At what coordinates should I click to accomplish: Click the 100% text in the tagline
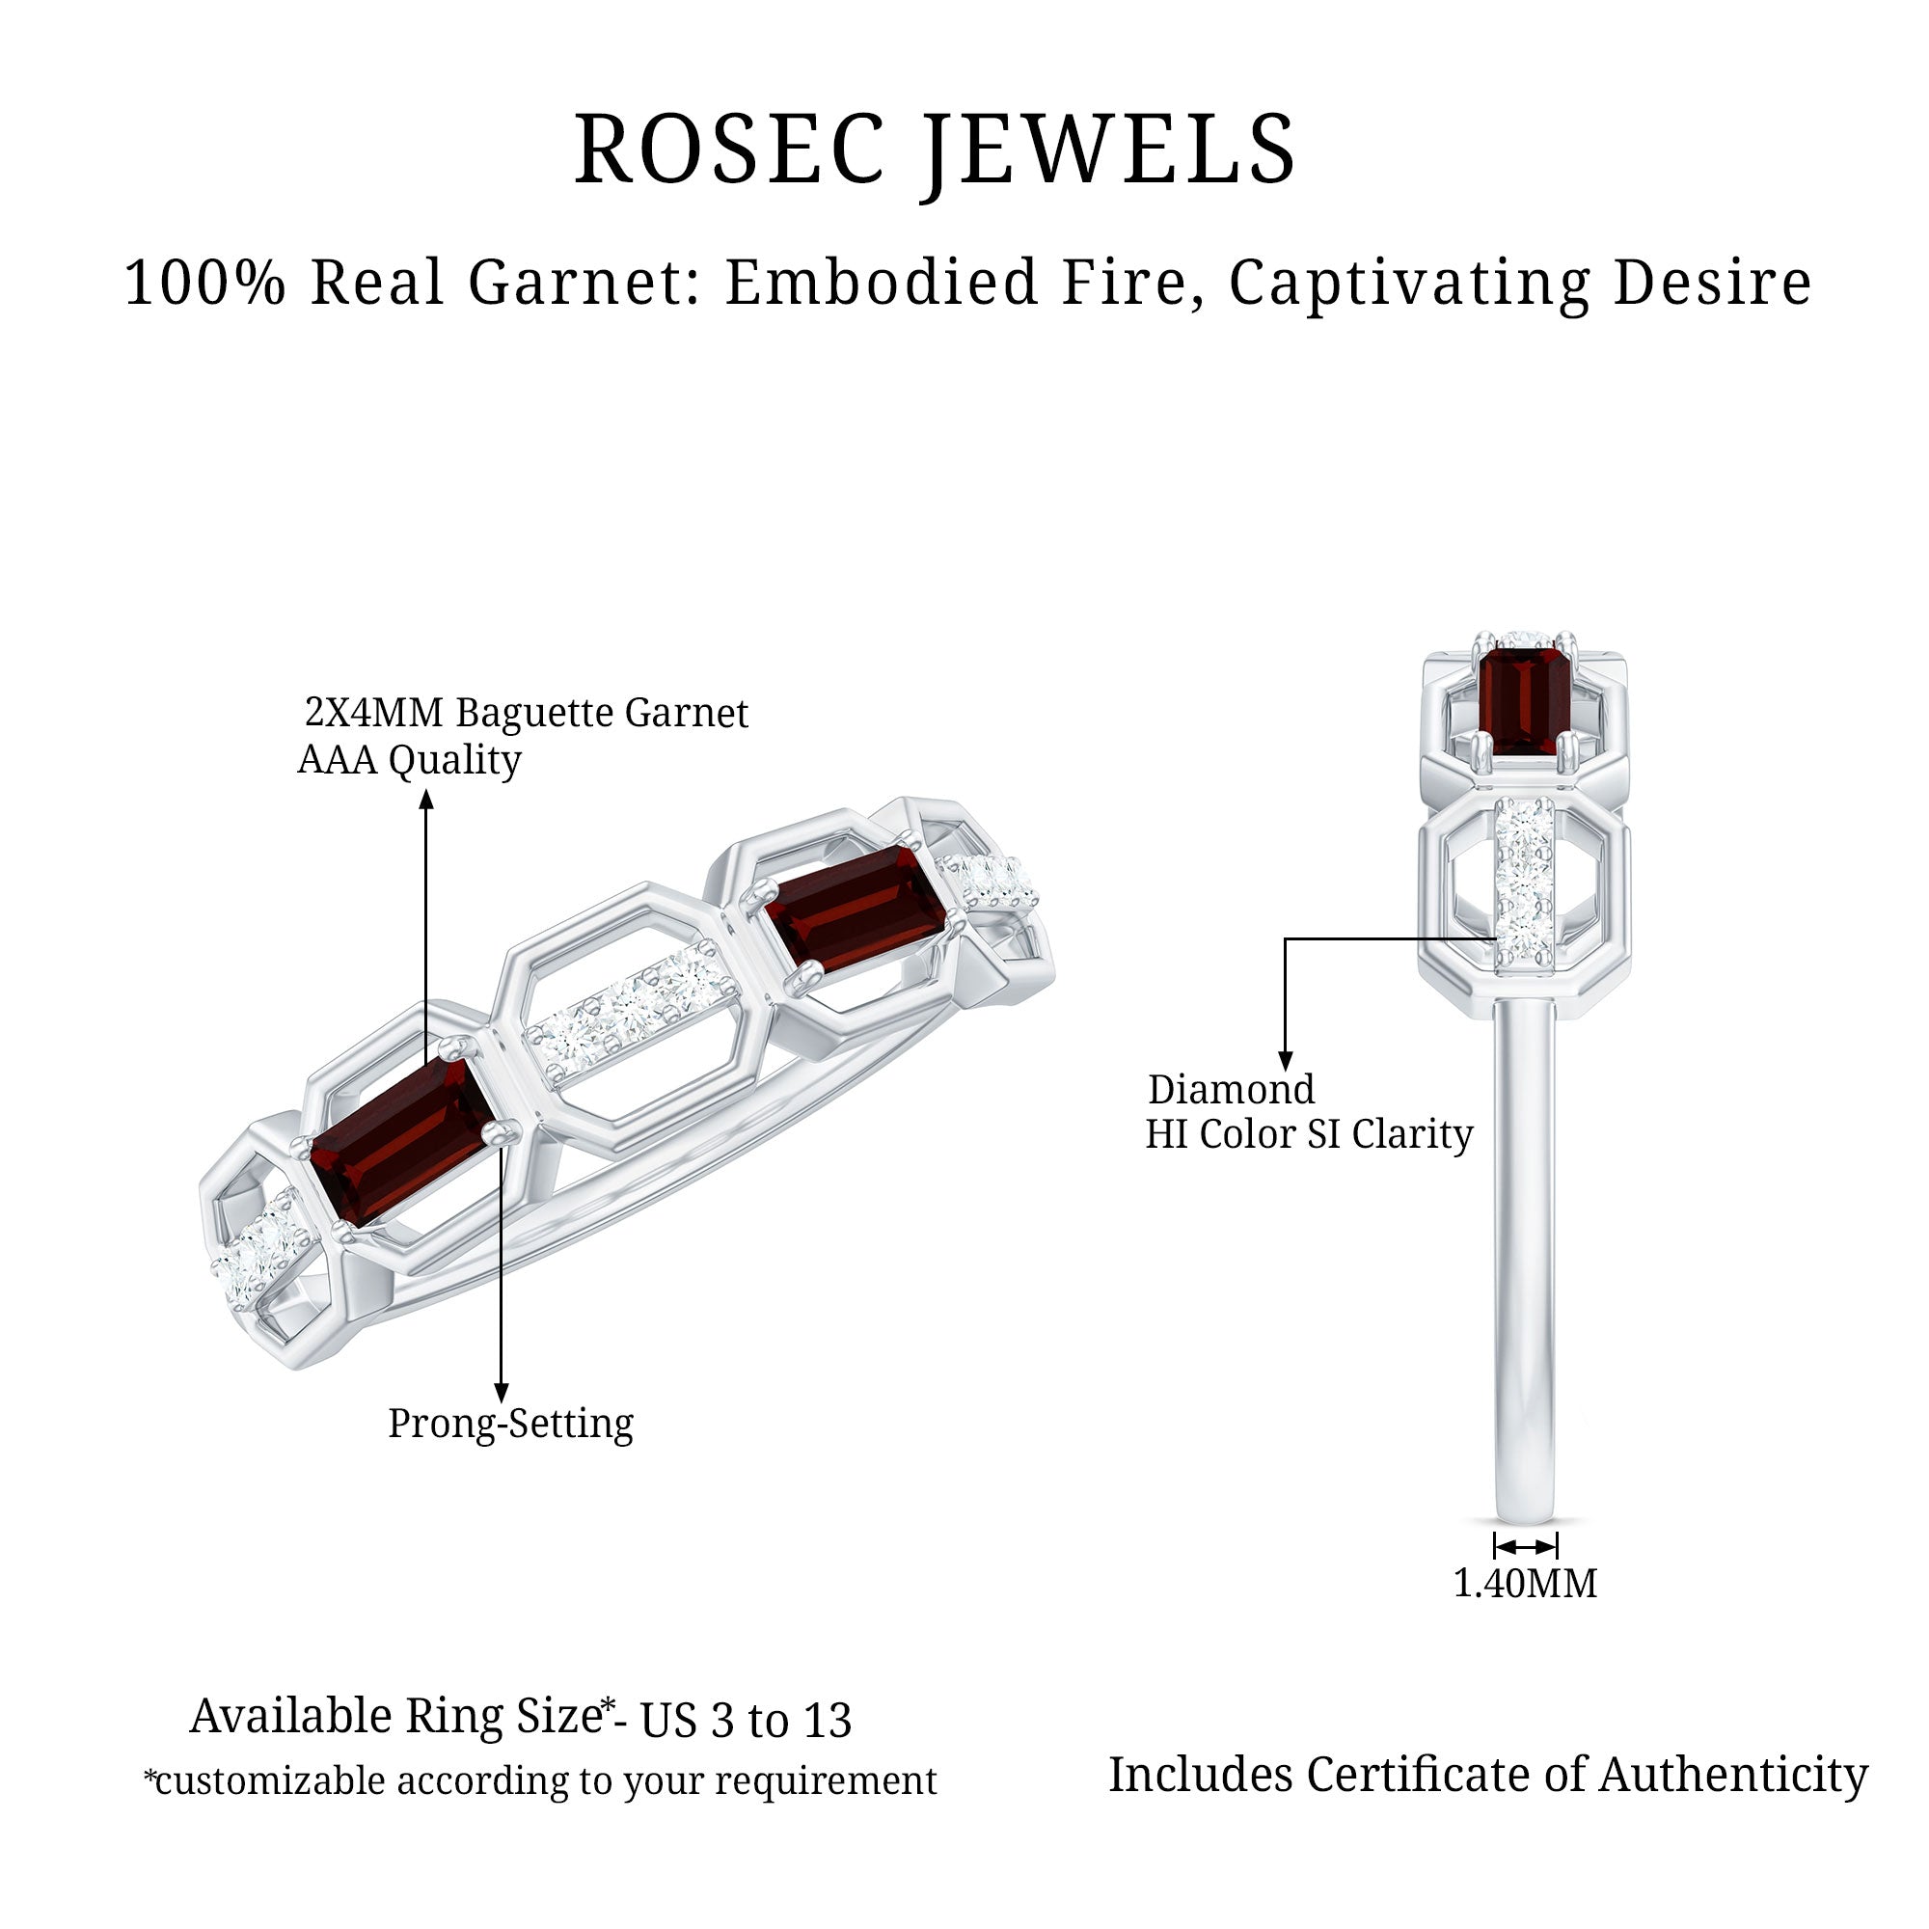point(204,283)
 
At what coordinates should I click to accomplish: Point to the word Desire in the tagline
point(1711,283)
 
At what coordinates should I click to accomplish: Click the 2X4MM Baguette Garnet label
point(527,713)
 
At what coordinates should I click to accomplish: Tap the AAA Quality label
point(409,761)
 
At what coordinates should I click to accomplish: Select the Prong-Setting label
point(510,1424)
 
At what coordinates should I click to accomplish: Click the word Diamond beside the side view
point(1230,1089)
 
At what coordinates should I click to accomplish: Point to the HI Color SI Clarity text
point(1308,1134)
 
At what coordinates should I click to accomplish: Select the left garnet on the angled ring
point(401,1140)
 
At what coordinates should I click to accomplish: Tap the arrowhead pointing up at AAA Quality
point(426,799)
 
